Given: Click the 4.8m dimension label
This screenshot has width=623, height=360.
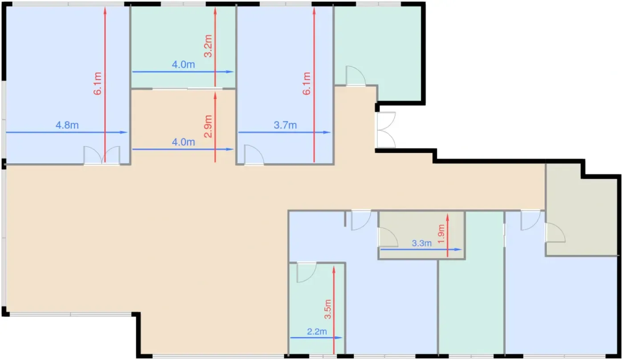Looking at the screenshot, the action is pos(67,125).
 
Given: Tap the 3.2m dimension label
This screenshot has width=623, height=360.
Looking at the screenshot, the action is pos(208,46).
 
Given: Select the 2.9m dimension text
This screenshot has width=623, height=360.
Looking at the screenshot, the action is pos(208,126).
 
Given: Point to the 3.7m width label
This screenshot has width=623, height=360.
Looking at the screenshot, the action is pos(285,125).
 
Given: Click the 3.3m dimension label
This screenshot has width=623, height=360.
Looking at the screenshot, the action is pos(422,243).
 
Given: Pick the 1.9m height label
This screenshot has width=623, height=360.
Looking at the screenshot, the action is pos(441,234).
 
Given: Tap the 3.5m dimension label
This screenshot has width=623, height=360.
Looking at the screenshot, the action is pos(328,309).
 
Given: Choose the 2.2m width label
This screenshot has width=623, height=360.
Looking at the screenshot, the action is pos(317,332).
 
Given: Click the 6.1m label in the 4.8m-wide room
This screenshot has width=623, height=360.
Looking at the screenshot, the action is pos(97,84).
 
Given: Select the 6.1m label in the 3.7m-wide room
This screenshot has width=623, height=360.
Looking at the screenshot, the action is pos(307,84).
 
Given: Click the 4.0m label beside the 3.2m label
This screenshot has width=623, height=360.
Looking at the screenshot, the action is pos(183,65).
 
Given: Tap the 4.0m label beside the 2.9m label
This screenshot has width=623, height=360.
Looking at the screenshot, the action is pos(183,142).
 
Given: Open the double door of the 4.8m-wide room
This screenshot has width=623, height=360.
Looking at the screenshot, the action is pos(102,156).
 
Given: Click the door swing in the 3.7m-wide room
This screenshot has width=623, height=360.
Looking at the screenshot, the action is pos(254,155).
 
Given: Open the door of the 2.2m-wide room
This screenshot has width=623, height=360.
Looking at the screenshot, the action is pos(307,272).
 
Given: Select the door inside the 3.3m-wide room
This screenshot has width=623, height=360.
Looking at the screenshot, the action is pos(388,237).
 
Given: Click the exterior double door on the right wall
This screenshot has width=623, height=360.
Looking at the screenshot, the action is pos(386,130).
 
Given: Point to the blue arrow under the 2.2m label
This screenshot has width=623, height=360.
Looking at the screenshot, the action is pos(316,338).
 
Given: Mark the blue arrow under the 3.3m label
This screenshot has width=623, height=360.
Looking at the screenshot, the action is pos(421,250).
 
